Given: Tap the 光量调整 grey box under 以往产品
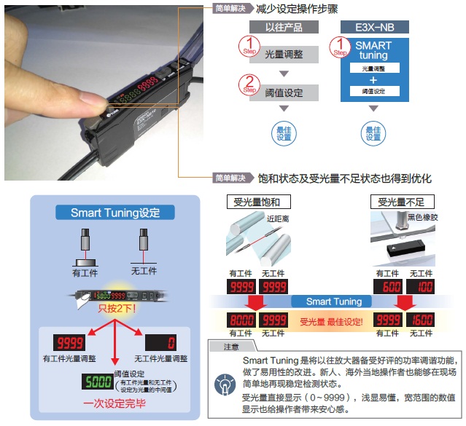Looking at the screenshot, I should [x=283, y=54].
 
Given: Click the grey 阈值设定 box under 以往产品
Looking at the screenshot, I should [x=283, y=92].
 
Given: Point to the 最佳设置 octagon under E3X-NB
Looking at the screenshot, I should [x=373, y=133].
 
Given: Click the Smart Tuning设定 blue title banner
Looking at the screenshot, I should [x=114, y=213].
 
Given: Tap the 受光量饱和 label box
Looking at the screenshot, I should [x=255, y=202].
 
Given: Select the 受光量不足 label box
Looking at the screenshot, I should [x=400, y=202].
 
